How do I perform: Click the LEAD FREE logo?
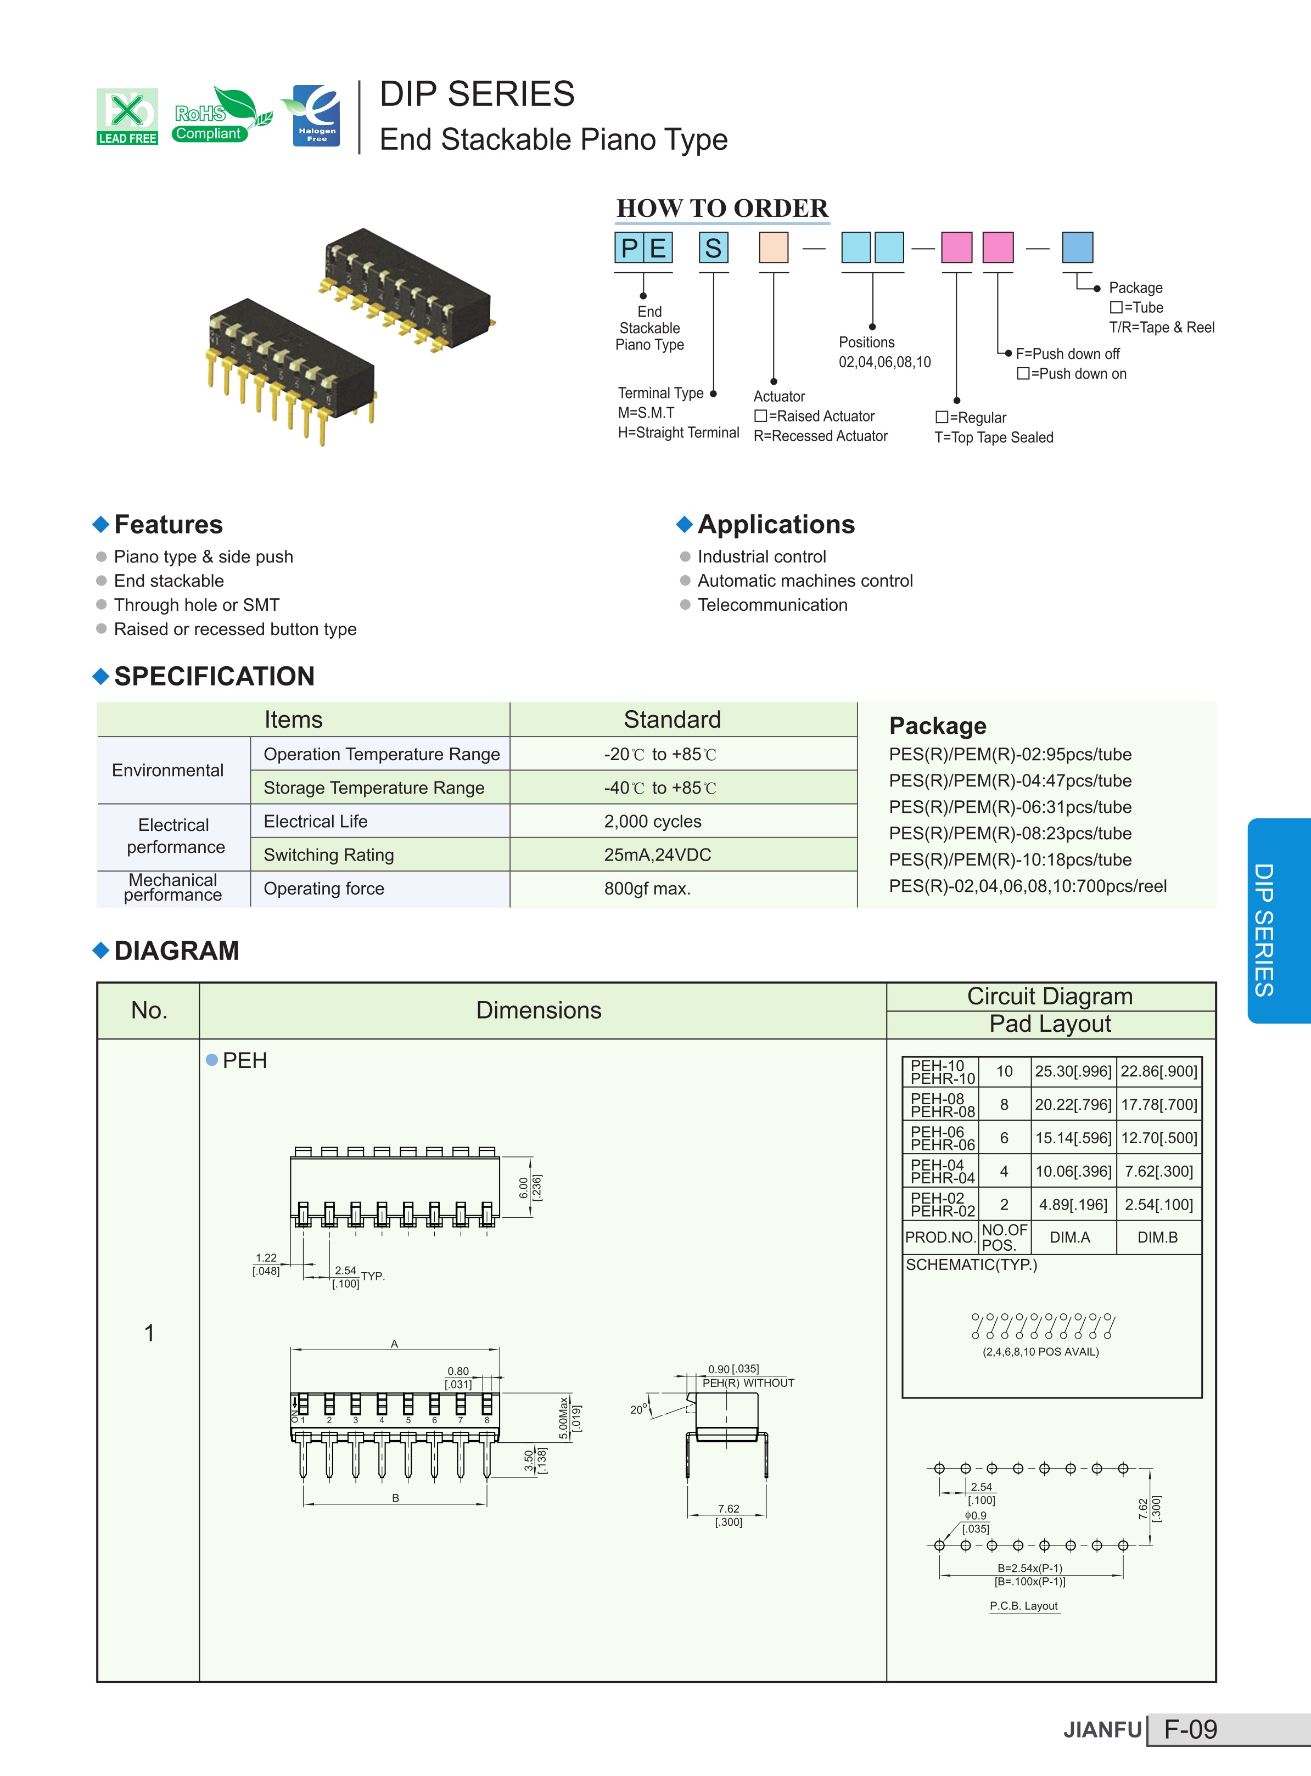click(x=127, y=116)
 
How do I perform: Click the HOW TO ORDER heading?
click(x=722, y=208)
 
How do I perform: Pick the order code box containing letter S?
click(x=714, y=248)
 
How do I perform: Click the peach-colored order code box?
click(x=774, y=248)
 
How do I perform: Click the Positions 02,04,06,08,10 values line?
click(x=885, y=362)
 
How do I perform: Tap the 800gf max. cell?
click(x=648, y=889)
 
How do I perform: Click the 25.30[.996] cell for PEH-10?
click(x=1073, y=1071)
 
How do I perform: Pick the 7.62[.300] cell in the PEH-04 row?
click(x=1158, y=1171)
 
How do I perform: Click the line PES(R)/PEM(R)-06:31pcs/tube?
click(x=1010, y=807)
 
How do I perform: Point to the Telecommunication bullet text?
click(x=772, y=604)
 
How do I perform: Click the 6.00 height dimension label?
click(x=524, y=1188)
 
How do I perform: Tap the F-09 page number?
click(x=1190, y=1729)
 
